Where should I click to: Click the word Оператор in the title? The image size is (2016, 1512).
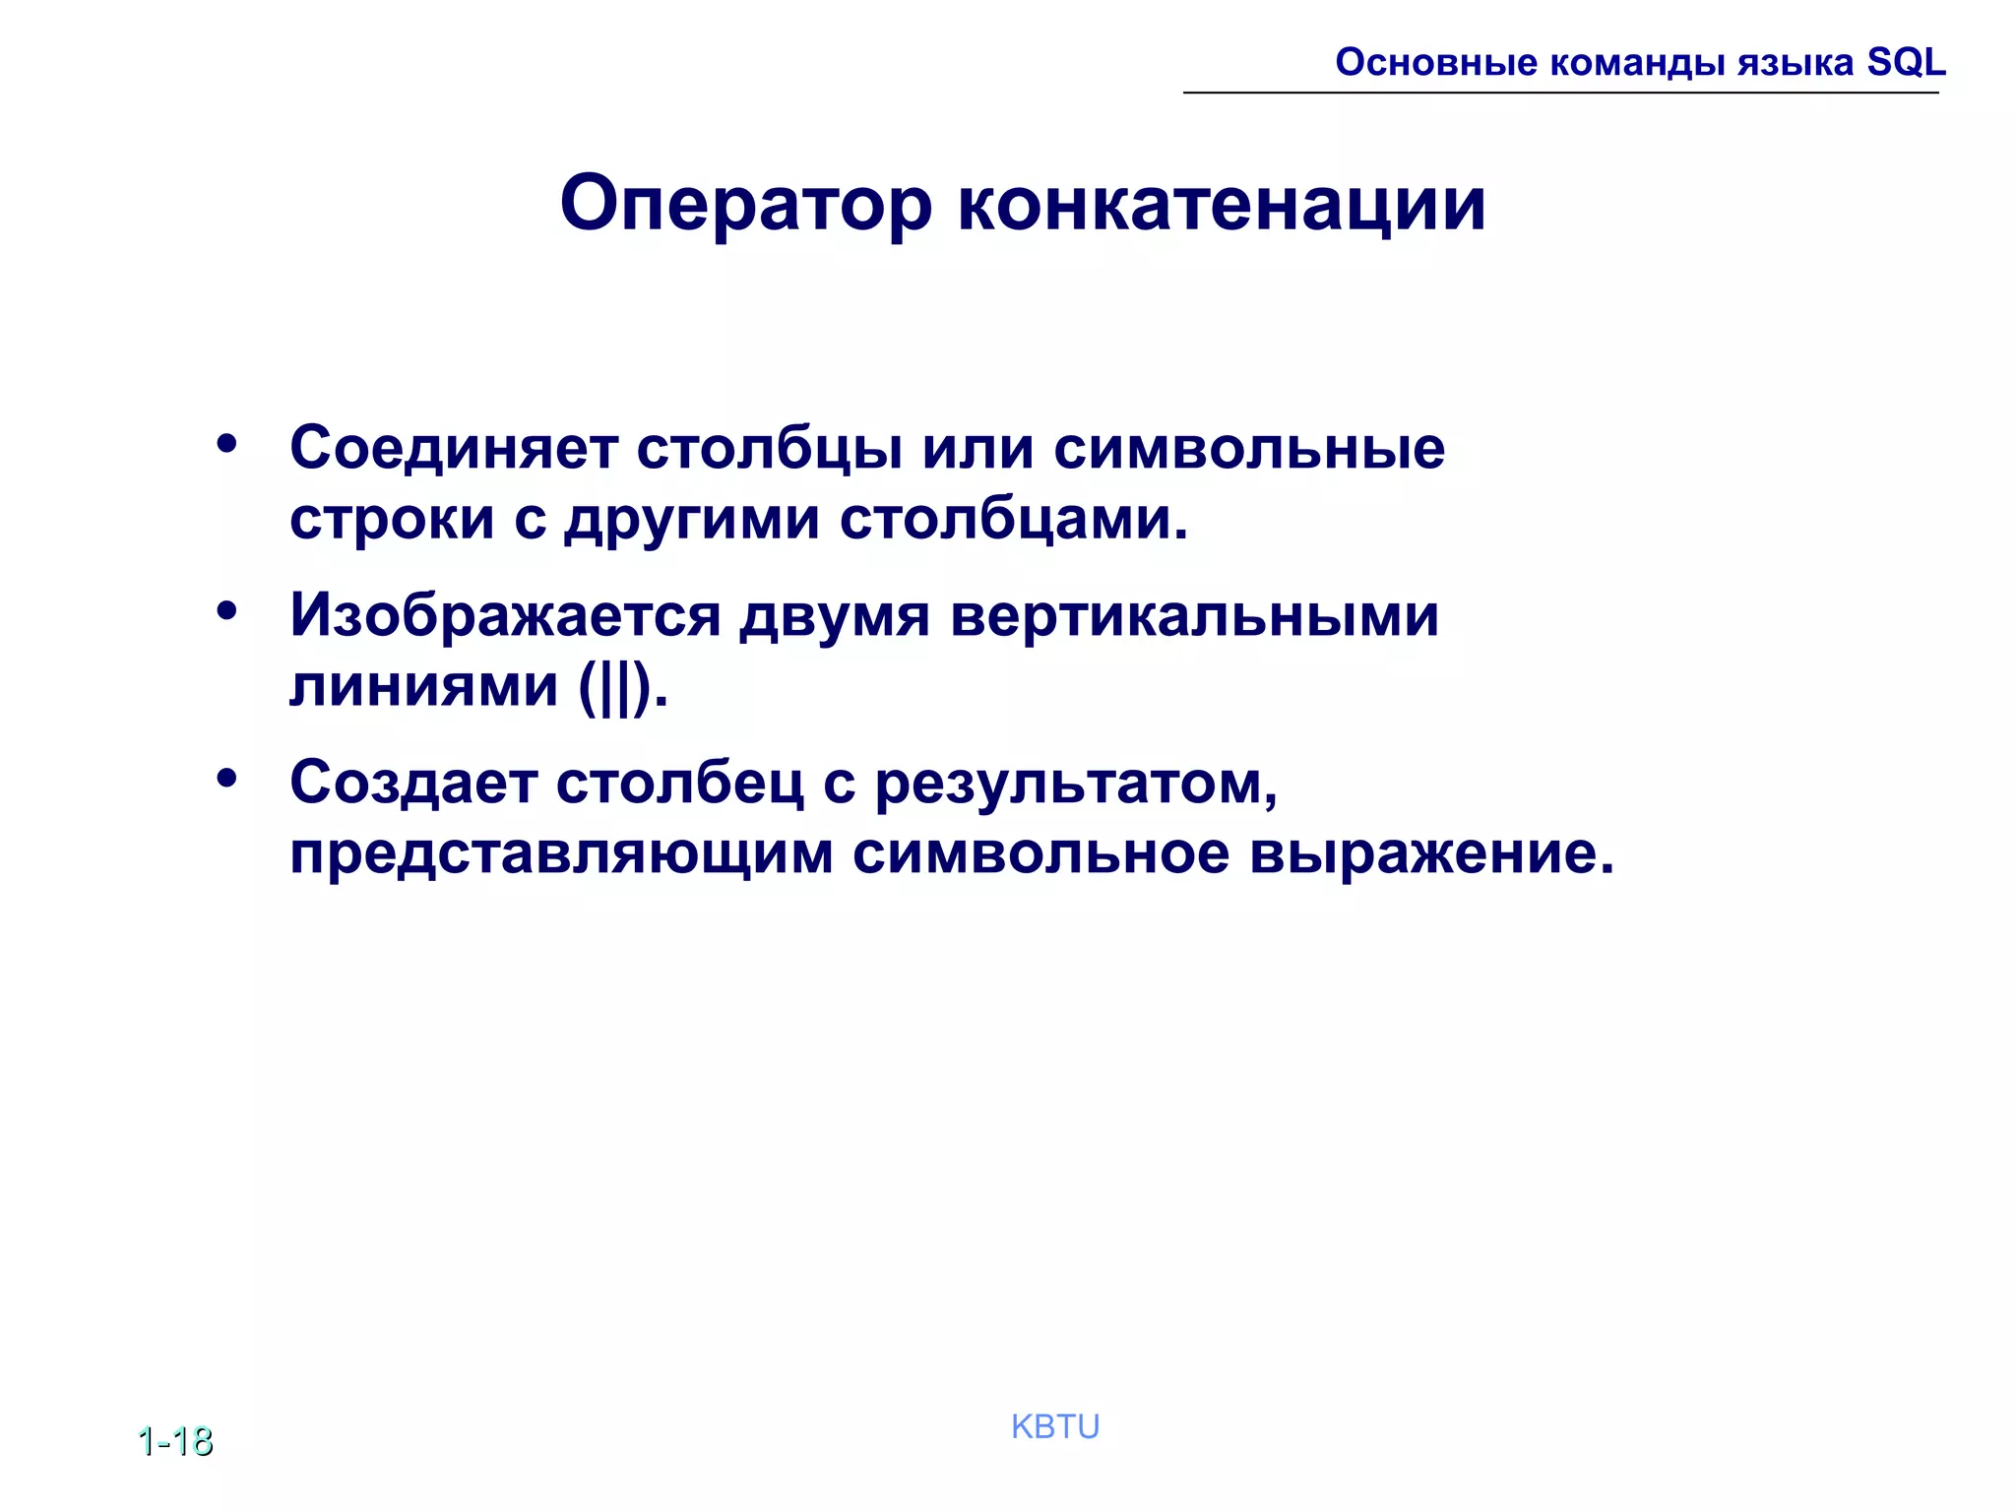[x=745, y=204]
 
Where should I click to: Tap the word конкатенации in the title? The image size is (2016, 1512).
[x=1221, y=204]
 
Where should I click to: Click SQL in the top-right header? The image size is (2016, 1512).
[x=1907, y=62]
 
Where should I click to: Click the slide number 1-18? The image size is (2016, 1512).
[x=175, y=1441]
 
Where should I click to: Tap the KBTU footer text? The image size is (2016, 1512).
[x=1055, y=1426]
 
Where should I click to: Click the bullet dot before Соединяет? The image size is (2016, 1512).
[x=227, y=445]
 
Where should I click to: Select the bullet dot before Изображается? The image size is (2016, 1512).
[x=227, y=612]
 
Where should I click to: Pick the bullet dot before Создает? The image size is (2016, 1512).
[x=227, y=780]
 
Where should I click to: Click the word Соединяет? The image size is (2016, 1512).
[x=454, y=448]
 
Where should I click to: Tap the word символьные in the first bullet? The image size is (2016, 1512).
[x=1249, y=448]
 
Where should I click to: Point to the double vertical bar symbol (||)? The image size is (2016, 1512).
[x=616, y=686]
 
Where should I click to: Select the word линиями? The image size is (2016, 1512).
[x=423, y=686]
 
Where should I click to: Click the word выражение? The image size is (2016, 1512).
[x=1432, y=853]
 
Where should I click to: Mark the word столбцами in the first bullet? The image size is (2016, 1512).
[x=1014, y=519]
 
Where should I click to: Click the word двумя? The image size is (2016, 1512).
[x=835, y=616]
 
